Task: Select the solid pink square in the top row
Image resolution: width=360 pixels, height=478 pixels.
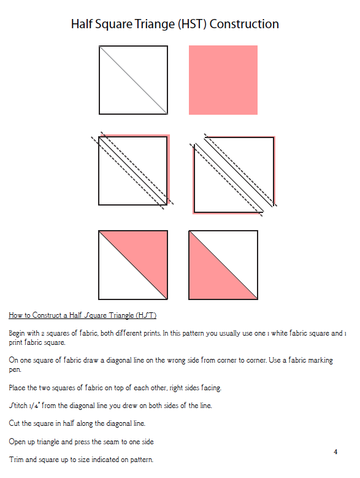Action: coord(223,80)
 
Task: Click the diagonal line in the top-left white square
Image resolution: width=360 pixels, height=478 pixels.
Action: coord(133,80)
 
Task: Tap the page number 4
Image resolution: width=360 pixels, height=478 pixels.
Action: coord(335,452)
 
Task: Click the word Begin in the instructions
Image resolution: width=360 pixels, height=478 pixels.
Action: coord(17,333)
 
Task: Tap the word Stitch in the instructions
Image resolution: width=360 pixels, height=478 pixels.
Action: coord(18,406)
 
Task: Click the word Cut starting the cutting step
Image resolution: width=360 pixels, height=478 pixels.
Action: coord(14,423)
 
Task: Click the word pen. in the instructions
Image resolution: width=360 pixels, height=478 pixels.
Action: coord(15,370)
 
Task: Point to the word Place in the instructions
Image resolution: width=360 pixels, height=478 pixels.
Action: coord(17,388)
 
